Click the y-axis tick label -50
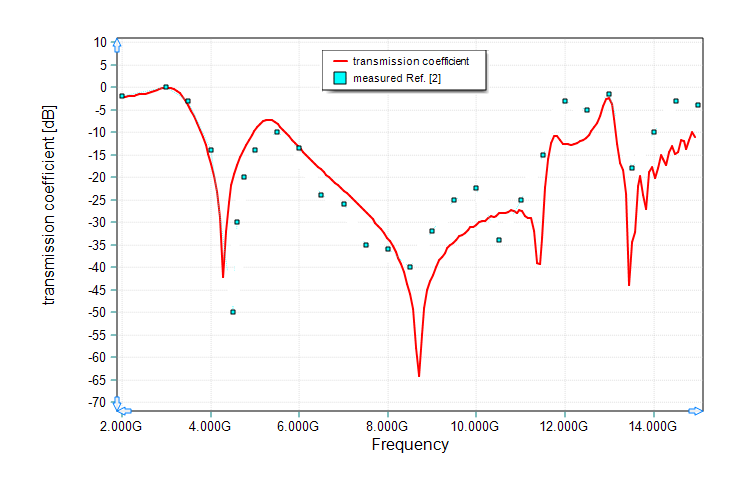tap(97, 312)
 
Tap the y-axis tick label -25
tap(97, 199)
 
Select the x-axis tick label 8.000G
tap(386, 427)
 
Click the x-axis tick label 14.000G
tap(652, 427)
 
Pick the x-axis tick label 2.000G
tap(121, 427)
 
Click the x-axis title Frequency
tap(410, 445)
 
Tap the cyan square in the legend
tap(340, 78)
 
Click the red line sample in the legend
tap(340, 61)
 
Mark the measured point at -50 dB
tap(233, 312)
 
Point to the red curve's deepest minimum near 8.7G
tap(419, 376)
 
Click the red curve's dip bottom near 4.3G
tap(223, 277)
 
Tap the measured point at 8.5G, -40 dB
tap(410, 267)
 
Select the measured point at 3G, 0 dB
tap(166, 87)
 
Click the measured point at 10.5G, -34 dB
tap(499, 240)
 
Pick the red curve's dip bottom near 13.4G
tap(629, 285)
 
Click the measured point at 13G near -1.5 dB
tap(609, 94)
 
